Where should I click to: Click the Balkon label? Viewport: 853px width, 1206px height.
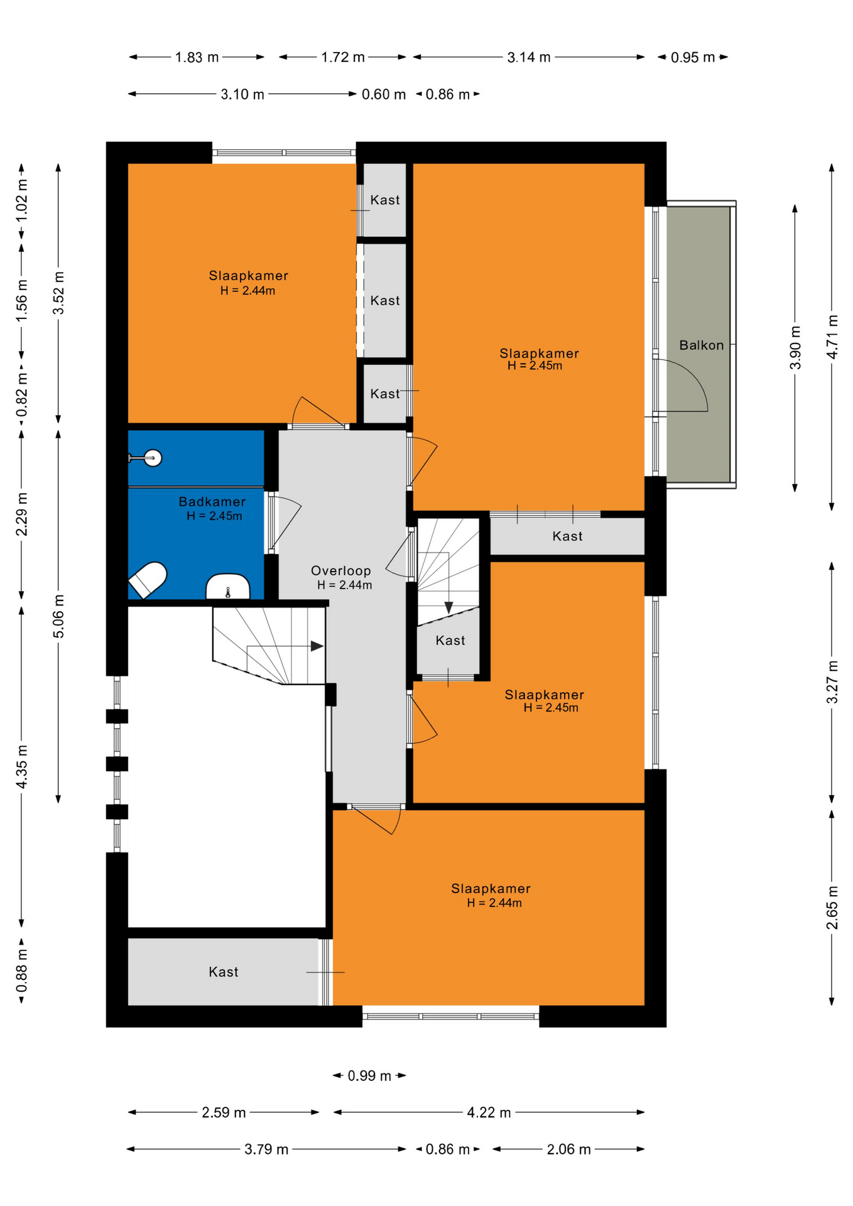(701, 345)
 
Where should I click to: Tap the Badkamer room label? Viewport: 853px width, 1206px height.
(212, 501)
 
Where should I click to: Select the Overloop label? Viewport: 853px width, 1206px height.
(340, 570)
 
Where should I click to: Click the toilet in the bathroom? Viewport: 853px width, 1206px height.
(148, 579)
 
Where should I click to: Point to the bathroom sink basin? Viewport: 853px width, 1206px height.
(227, 587)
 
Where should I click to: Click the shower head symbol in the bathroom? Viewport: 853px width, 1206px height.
(151, 458)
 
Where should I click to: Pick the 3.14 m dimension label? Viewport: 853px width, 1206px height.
(529, 57)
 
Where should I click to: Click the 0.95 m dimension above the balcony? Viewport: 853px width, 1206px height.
(692, 57)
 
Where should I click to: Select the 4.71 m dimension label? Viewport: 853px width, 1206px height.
(832, 337)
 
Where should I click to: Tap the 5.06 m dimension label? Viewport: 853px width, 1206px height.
(58, 616)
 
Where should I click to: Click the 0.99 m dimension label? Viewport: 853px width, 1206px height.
(369, 1075)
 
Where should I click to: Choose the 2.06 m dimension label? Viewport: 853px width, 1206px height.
(568, 1149)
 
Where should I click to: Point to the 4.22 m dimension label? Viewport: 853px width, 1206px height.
(489, 1112)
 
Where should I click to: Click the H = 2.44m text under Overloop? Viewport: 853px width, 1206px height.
(344, 585)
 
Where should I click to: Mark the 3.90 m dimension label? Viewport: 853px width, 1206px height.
(795, 347)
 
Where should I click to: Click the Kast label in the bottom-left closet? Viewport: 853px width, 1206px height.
(224, 972)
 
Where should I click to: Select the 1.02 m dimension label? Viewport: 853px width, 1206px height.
(21, 200)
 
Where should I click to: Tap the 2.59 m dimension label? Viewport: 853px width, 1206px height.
(224, 1112)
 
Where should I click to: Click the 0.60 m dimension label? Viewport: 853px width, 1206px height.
(384, 94)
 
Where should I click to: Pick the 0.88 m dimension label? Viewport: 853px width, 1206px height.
(21, 970)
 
